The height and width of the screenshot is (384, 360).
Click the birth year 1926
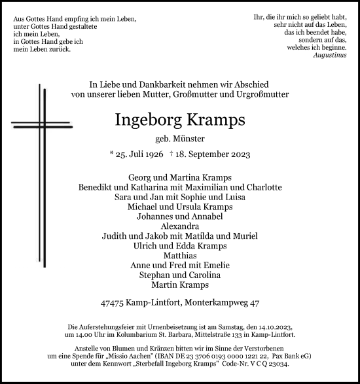(x=155, y=154)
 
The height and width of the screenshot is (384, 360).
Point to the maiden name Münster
(x=191, y=138)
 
